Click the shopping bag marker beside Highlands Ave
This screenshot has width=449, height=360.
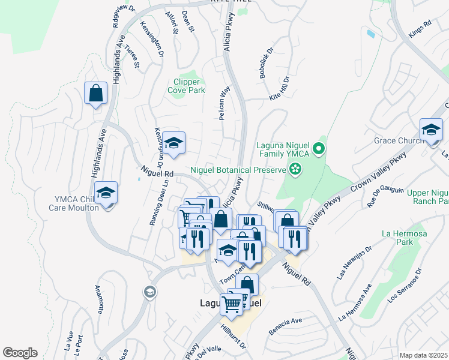point(95,94)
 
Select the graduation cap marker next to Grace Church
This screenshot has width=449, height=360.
point(430,130)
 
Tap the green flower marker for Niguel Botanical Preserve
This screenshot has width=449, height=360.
point(294,170)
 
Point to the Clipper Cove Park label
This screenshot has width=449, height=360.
point(189,86)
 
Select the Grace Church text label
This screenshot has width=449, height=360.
point(397,141)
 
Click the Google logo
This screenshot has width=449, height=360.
point(20,353)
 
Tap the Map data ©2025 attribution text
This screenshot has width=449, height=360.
point(423,355)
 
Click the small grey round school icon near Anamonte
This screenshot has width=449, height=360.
point(149,292)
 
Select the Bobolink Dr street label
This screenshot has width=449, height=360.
point(266,61)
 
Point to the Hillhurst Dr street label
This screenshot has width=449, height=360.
point(234,337)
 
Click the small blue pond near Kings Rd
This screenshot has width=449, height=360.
point(371,34)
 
